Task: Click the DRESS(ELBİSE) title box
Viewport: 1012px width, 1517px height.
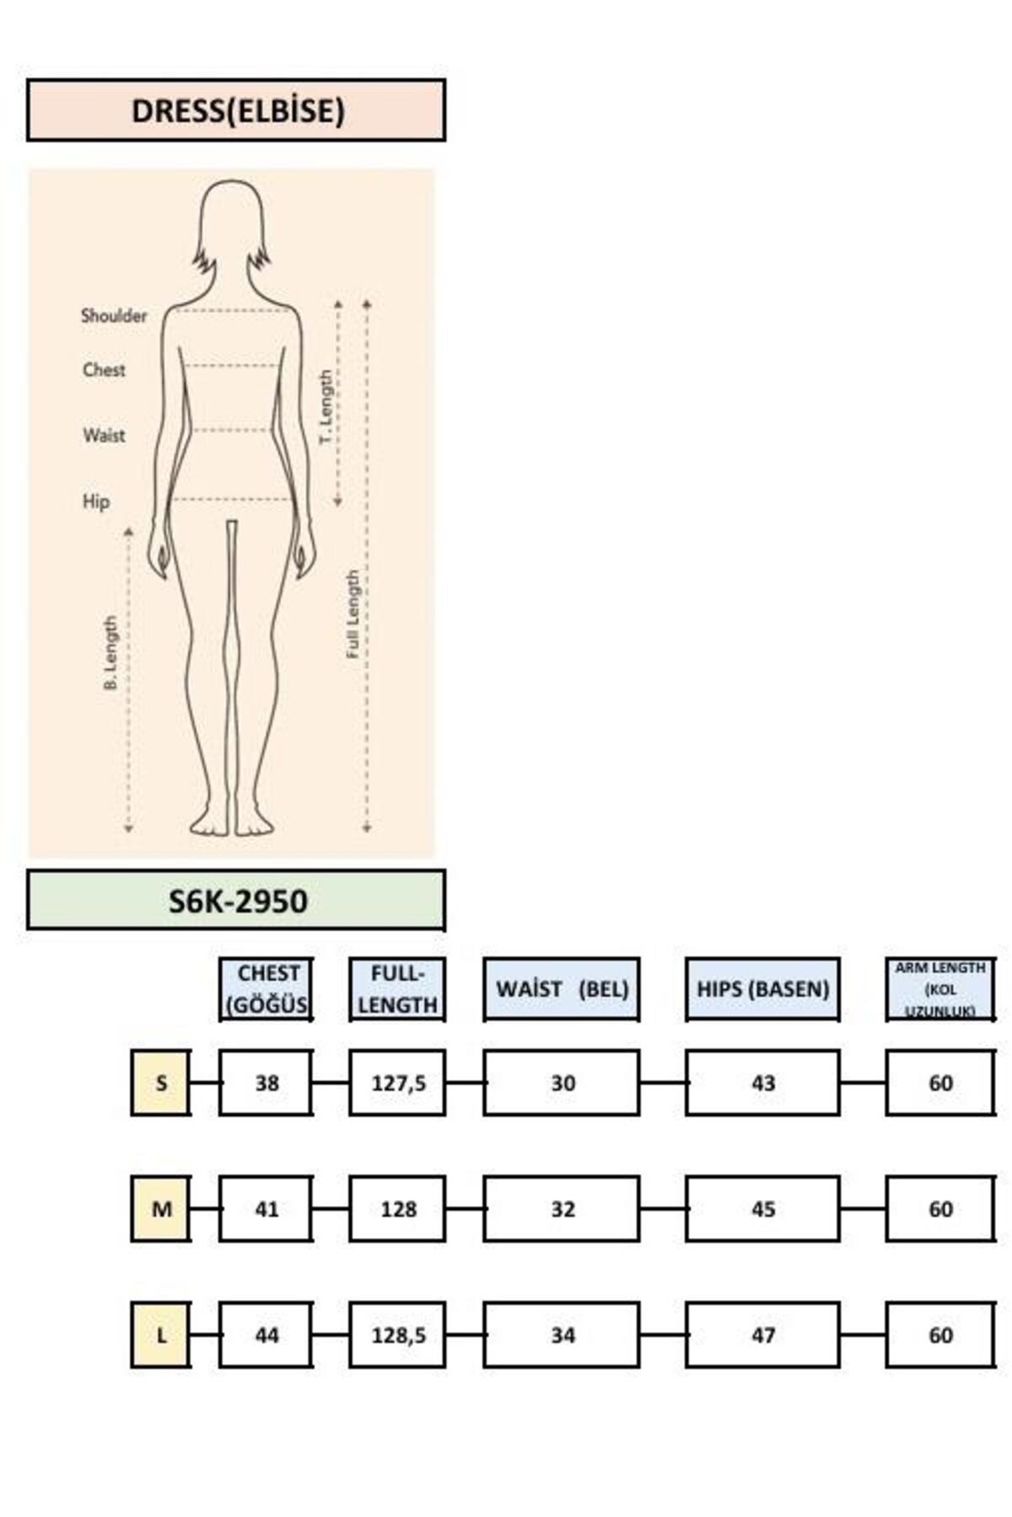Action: coord(236,110)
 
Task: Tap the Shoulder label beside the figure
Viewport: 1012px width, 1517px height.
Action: coord(114,316)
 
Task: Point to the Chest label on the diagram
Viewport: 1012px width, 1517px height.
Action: coord(104,370)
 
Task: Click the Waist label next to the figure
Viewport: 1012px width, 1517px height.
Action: coord(104,436)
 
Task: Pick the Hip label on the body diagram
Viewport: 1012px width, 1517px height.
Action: coord(96,501)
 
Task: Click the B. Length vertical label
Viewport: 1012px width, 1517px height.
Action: coord(110,653)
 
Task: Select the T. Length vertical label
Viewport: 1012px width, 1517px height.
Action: coord(326,409)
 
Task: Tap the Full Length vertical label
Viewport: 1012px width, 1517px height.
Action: coord(353,614)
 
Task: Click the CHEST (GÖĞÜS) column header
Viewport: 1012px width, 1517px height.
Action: coord(266,989)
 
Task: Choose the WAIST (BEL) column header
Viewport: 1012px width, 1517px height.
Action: coord(562,989)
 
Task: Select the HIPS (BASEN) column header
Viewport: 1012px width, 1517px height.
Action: coord(762,989)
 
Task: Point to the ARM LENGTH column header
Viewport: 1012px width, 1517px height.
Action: coord(940,989)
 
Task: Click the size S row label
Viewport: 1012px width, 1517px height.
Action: coord(160,1082)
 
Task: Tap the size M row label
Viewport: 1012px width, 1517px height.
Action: coord(160,1209)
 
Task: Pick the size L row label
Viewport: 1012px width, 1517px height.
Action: coord(160,1335)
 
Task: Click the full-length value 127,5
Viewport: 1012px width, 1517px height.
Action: coord(398,1083)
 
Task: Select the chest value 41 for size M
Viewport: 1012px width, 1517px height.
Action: coord(266,1209)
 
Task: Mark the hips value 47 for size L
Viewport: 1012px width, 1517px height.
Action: coord(762,1335)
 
